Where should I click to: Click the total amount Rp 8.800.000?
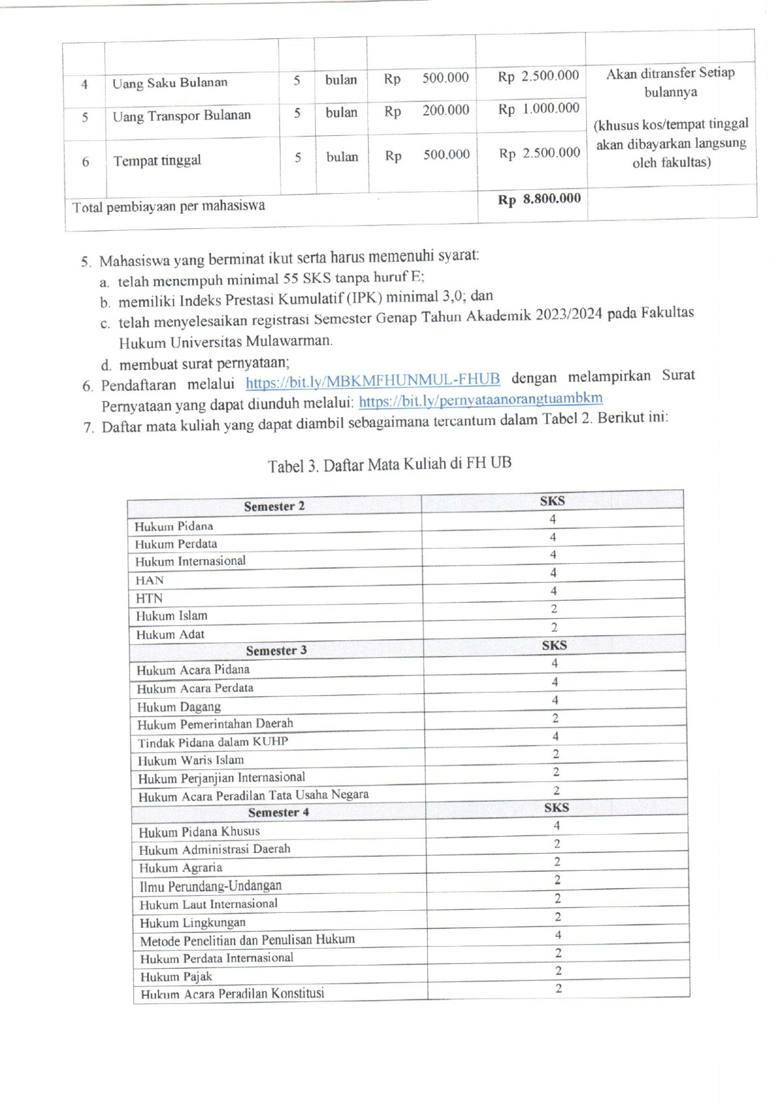539,199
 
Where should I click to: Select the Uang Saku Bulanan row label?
170,83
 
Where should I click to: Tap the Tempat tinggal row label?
157,161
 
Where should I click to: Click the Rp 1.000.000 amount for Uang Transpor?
538,109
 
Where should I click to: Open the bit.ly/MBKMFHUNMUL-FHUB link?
372,380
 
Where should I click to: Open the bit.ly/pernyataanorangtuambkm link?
480,399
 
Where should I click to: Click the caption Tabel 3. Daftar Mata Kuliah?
389,464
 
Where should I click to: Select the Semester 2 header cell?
274,506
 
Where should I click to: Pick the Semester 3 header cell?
276,650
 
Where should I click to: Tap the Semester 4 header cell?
278,812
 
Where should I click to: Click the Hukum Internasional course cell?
190,561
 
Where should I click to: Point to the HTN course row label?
149,598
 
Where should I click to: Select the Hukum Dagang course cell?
179,707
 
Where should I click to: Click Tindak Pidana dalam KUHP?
213,742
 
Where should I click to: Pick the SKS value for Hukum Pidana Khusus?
556,826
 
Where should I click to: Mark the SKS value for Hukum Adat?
554,627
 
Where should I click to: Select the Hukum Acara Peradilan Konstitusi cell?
232,993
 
